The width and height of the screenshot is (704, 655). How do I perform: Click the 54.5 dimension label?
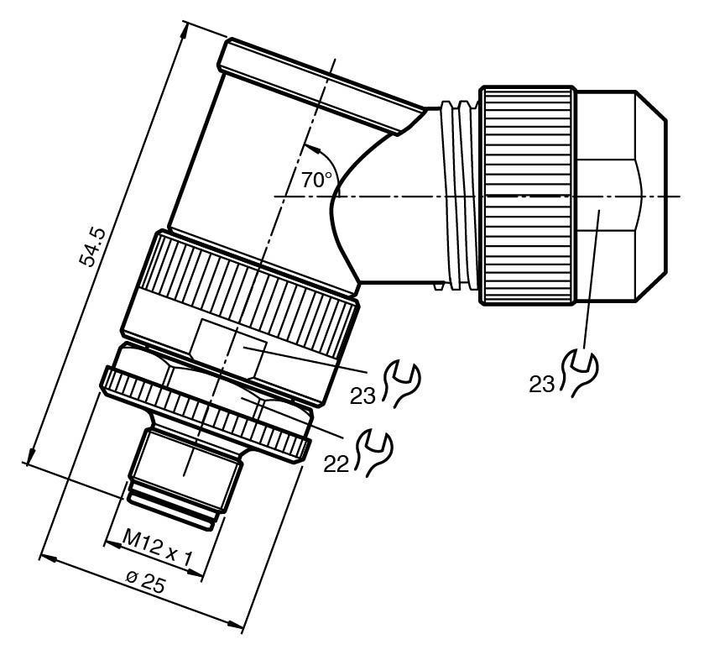tap(91, 249)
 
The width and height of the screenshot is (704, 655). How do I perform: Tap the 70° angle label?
tap(317, 181)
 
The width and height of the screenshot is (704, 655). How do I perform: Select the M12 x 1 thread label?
tap(157, 548)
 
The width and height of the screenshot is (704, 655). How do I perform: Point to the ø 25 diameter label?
tap(145, 582)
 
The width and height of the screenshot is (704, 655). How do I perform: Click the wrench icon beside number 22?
tap(375, 453)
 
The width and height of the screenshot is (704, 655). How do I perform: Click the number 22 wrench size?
tap(336, 464)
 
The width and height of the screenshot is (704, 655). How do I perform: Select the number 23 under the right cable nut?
tap(542, 385)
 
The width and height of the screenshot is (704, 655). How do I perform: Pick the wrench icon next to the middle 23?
tap(402, 384)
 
